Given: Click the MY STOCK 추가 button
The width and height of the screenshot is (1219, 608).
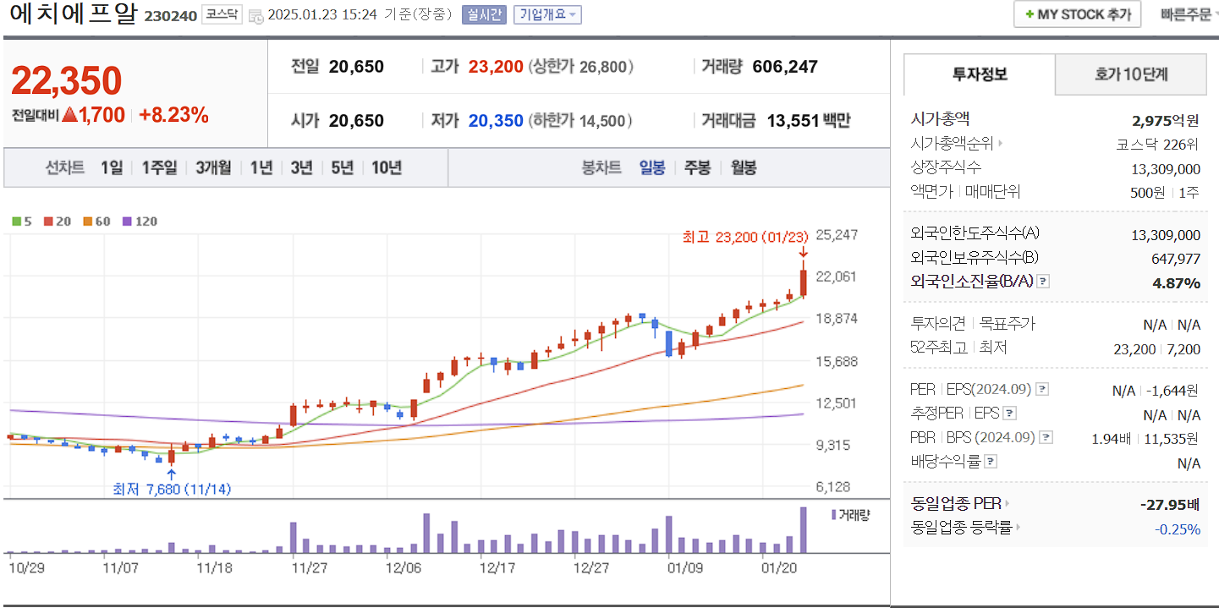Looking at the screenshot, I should tap(1077, 14).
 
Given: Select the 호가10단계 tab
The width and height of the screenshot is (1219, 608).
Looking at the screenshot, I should tap(1130, 74).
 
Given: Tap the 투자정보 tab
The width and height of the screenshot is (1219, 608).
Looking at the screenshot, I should tap(980, 74).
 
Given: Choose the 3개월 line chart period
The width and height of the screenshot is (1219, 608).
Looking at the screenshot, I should tap(213, 167).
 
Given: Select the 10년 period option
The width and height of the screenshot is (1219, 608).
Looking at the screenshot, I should tap(387, 167).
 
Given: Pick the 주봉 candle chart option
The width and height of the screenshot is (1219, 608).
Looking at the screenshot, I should tap(697, 167).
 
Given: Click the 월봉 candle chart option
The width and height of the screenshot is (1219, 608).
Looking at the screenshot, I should tap(744, 167).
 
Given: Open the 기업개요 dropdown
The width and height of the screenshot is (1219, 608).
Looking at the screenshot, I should tap(547, 14).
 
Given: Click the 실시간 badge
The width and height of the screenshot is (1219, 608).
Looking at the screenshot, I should tap(484, 14).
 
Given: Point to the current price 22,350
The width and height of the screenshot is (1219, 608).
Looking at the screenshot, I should tap(67, 80).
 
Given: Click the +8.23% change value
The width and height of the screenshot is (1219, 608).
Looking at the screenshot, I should tap(173, 116).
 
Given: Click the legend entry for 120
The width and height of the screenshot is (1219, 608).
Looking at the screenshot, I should tap(140, 222).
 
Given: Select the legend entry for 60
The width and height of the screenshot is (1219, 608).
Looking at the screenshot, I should tap(97, 222).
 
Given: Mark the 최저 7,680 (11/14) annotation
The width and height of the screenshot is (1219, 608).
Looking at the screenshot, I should tap(172, 489).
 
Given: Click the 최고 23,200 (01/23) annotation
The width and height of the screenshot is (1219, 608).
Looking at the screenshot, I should tap(745, 237).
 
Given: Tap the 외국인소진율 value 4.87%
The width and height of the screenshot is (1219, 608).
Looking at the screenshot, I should tap(1176, 282).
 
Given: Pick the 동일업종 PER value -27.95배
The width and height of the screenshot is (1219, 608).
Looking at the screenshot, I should tap(1170, 505).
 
